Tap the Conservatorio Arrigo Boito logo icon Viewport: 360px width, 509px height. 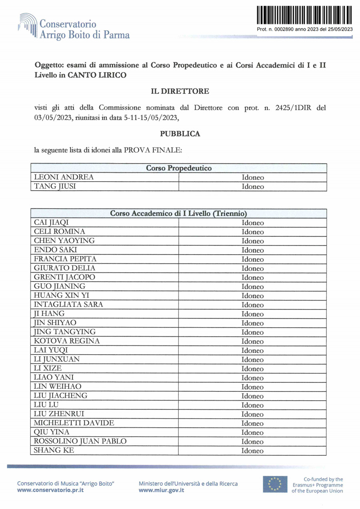tap(27, 26)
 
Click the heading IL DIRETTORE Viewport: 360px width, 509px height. tap(180, 91)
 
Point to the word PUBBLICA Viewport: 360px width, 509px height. tap(180, 134)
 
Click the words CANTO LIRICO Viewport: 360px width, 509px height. tap(97, 75)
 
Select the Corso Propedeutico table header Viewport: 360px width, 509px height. tap(179, 168)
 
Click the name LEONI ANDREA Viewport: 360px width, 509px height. tap(64, 177)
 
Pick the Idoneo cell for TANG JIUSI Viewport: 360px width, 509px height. tap(253, 187)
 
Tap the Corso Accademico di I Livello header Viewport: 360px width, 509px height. tap(179, 214)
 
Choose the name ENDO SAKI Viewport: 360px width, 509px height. tap(56, 250)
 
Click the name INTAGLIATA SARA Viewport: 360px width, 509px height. tap(68, 305)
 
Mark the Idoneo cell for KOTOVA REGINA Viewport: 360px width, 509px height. tap(253, 341)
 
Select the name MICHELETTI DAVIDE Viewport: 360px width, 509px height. tap(74, 423)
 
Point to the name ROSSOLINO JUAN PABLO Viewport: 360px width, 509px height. tap(80, 441)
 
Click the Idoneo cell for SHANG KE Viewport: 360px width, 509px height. tap(253, 451)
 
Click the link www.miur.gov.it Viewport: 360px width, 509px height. tap(161, 491)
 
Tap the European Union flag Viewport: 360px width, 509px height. tap(275, 484)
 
